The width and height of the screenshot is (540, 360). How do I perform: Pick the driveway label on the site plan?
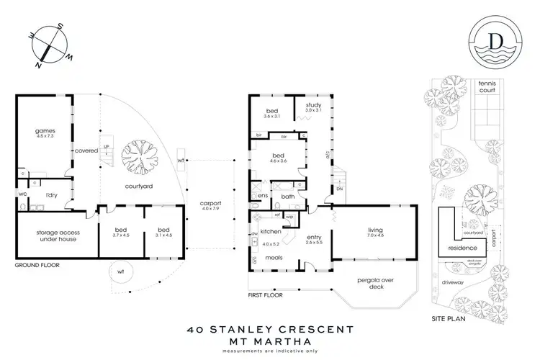[465, 283]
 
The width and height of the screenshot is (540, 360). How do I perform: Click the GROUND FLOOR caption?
[36, 265]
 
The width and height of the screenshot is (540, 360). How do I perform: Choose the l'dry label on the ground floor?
[52, 195]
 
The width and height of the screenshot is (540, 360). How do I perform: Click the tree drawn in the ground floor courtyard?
[138, 156]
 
